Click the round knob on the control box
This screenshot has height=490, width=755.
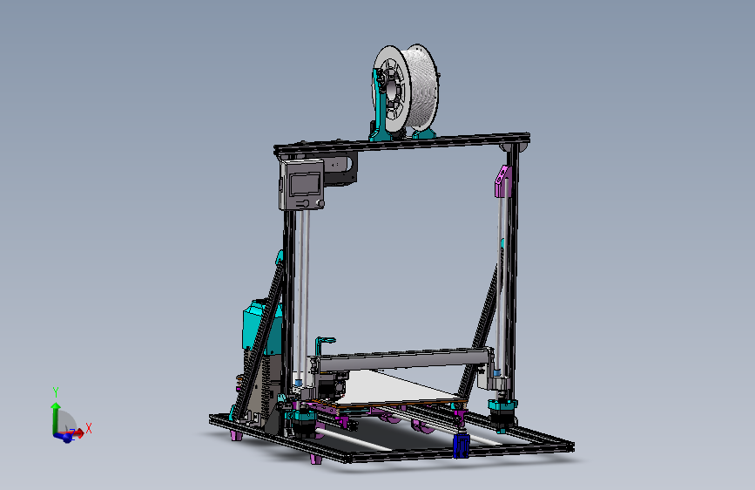320,204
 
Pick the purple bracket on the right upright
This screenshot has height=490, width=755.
502,181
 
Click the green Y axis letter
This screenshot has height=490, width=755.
55,392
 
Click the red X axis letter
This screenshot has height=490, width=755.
89,428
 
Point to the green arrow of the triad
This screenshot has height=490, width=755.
56,410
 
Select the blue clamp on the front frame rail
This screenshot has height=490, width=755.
462,445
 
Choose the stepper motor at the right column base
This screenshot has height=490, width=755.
502,413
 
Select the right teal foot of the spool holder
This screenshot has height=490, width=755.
425,134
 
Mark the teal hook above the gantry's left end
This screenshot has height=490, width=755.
324,340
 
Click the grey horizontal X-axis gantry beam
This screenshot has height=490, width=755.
401,355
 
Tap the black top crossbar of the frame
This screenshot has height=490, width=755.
401,143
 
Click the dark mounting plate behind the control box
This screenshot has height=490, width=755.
341,171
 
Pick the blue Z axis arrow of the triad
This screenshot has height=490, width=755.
64,438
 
